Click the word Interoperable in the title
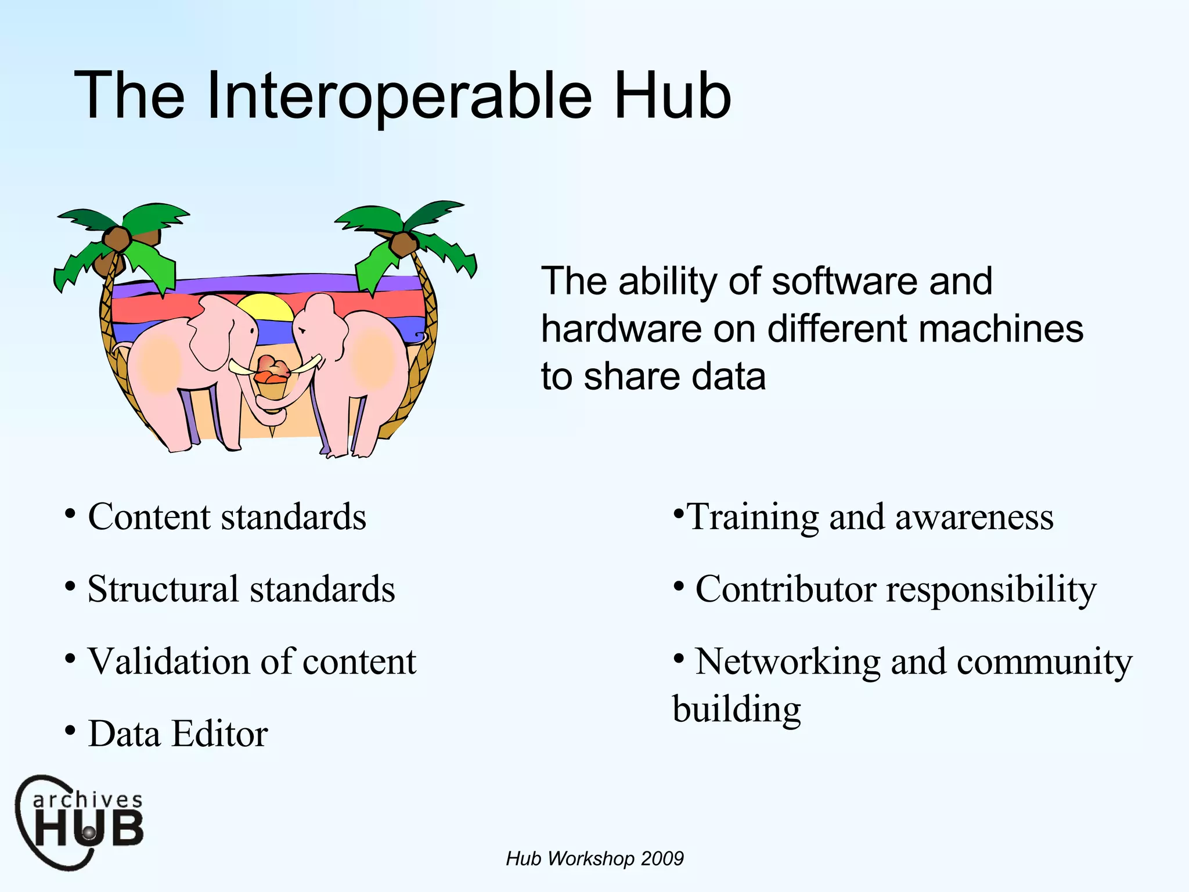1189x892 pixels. tap(399, 96)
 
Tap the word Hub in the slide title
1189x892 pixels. tap(672, 96)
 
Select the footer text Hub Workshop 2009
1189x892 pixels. tap(594, 858)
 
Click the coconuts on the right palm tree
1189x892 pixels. tap(403, 244)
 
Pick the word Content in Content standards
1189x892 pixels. tap(149, 516)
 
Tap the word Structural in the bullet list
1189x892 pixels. tap(163, 589)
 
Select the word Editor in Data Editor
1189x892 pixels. tap(220, 733)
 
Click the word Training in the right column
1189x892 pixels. tap(753, 517)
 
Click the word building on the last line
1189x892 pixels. tap(737, 710)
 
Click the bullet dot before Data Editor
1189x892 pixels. tap(70, 730)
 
